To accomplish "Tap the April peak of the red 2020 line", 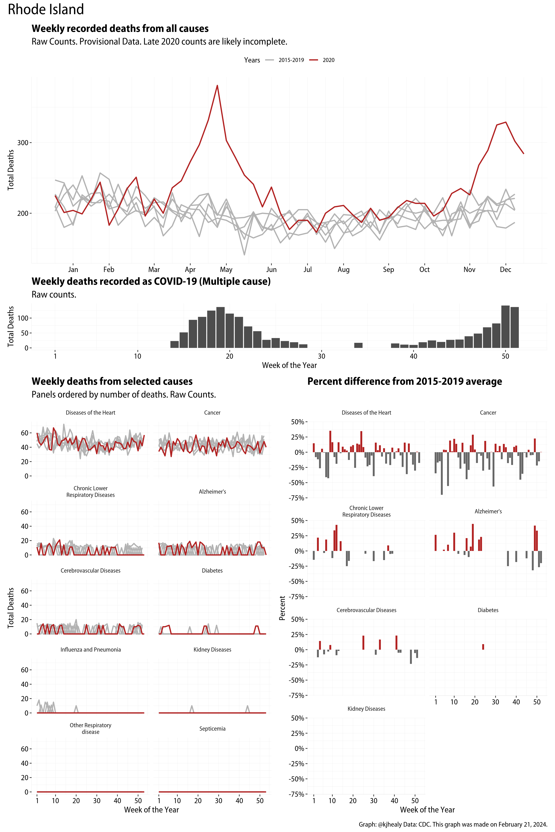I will [217, 86].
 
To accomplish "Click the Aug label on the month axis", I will [343, 269].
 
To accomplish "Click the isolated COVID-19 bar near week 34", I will [358, 345].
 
